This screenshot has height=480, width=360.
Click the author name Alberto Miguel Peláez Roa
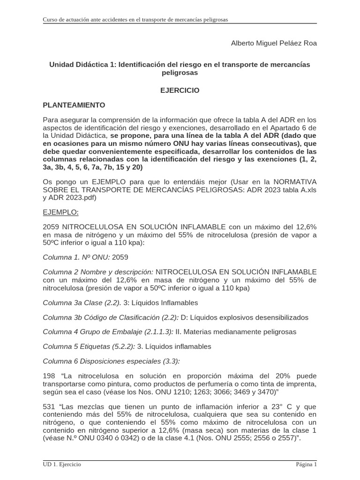pyautogui.click(x=274, y=43)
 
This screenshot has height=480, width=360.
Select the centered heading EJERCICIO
pyautogui.click(x=180, y=90)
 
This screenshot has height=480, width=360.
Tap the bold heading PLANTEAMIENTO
pyautogui.click(x=74, y=105)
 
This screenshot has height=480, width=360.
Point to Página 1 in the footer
pyautogui.click(x=306, y=465)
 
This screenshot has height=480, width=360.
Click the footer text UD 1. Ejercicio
pyautogui.click(x=62, y=465)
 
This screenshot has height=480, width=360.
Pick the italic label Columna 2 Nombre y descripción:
pyautogui.click(x=98, y=272)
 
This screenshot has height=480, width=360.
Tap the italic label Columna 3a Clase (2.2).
pyautogui.click(x=82, y=302)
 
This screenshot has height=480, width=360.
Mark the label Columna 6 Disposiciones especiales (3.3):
pyautogui.click(x=111, y=361)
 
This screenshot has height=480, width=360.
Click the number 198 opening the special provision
pyautogui.click(x=49, y=376)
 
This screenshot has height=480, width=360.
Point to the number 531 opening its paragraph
pyautogui.click(x=49, y=406)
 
